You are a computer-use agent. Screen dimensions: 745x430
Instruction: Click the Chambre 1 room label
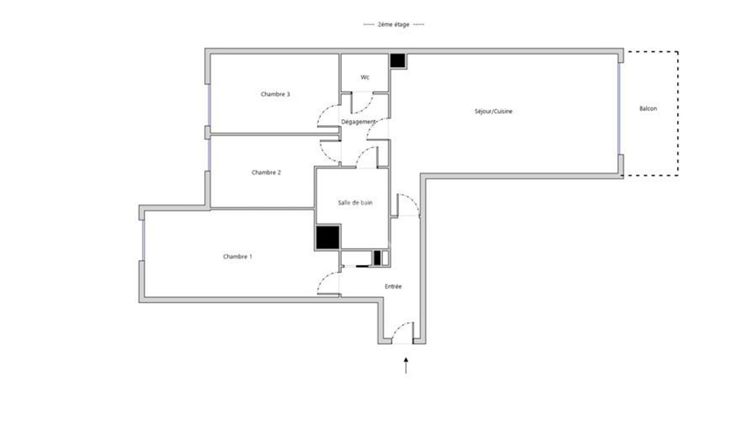click(237, 256)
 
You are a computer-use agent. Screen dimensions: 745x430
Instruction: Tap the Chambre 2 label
click(266, 172)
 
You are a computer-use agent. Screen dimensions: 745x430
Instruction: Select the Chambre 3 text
click(275, 94)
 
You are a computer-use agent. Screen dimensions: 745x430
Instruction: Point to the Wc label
click(365, 77)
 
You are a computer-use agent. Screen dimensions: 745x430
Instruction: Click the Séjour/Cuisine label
click(493, 111)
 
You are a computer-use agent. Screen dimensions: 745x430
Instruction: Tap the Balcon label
click(648, 108)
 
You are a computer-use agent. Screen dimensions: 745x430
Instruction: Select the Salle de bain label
click(355, 203)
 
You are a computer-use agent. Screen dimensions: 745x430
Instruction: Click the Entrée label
click(393, 286)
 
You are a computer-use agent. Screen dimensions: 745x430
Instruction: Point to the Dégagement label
click(358, 122)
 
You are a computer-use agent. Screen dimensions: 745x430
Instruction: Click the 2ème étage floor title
click(393, 24)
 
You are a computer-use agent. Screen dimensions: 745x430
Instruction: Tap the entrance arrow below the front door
click(406, 365)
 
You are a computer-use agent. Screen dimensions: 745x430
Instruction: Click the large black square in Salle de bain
click(328, 237)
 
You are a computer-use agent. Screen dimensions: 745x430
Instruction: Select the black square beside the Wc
click(397, 61)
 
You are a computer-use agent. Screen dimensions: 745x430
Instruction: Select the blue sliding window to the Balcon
click(619, 108)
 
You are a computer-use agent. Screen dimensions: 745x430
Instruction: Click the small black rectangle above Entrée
click(377, 258)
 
